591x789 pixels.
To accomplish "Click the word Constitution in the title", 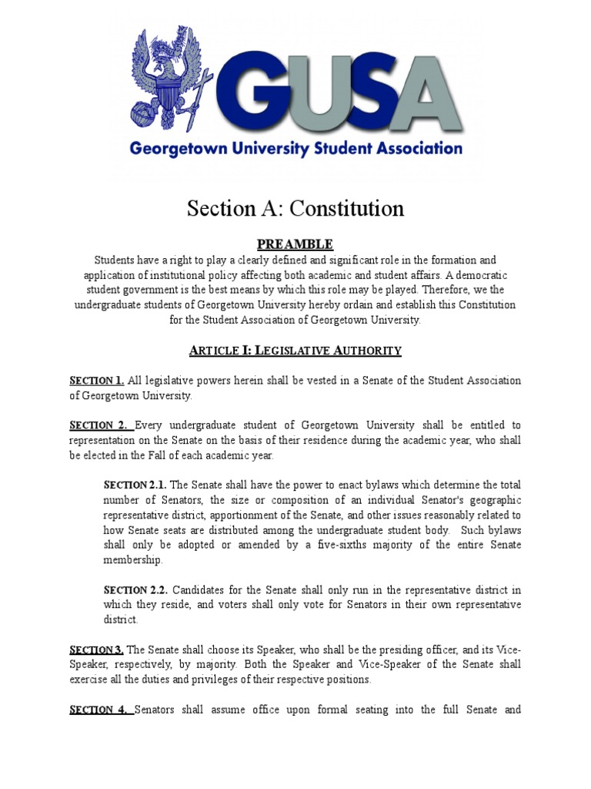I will pyautogui.click(x=346, y=209).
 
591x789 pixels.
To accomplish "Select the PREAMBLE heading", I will pyautogui.click(x=295, y=244).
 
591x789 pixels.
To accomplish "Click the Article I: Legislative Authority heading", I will pyautogui.click(x=295, y=351).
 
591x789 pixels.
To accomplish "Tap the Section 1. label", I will pyautogui.click(x=96, y=381).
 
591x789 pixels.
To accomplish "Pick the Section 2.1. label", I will pyautogui.click(x=135, y=485).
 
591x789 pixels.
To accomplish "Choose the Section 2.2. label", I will pyautogui.click(x=135, y=589).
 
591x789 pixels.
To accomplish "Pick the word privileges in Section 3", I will pyautogui.click(x=232, y=680).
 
